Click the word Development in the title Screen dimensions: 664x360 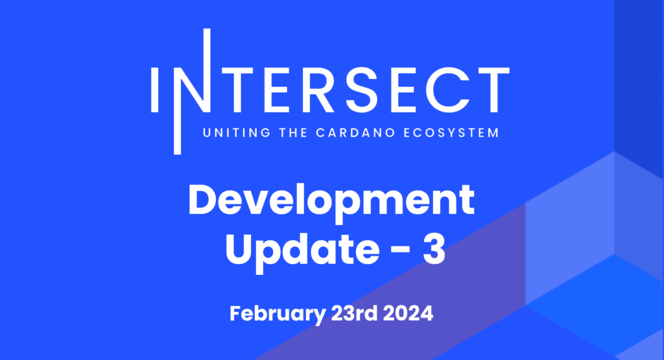coord(331,202)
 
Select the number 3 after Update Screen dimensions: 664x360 coord(434,250)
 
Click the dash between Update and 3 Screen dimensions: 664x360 coord(400,250)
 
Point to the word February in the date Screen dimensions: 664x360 coord(278,314)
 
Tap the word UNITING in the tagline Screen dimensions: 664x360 coord(237,132)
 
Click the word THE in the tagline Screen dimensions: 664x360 coord(293,132)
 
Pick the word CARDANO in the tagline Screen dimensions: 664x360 coord(355,132)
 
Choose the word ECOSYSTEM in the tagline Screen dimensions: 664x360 coord(451,132)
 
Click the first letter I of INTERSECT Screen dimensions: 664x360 coord(154,90)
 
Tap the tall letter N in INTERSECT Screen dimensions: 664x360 coord(192,91)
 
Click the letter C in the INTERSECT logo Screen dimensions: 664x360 coord(450,90)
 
